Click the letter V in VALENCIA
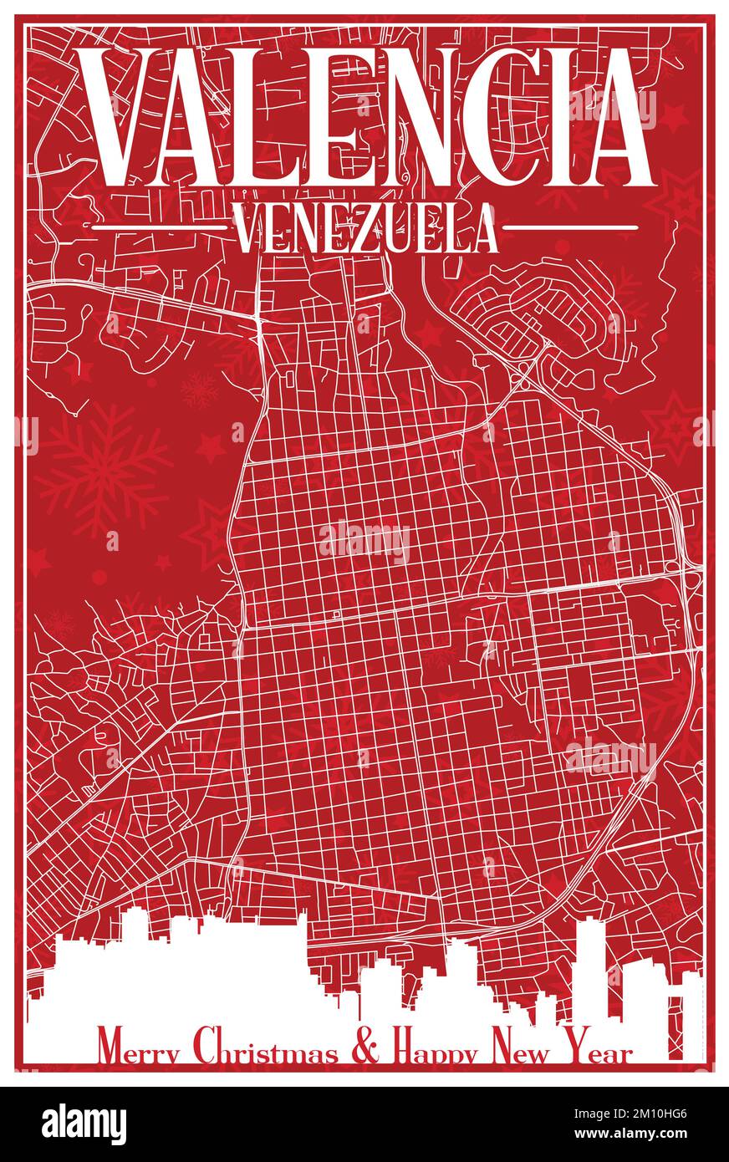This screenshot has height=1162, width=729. click(125, 117)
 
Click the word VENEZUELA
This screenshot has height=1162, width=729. click(365, 228)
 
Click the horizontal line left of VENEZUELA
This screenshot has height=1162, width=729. click(159, 227)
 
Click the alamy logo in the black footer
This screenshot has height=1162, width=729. click(84, 1124)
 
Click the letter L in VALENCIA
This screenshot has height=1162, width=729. click(257, 117)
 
